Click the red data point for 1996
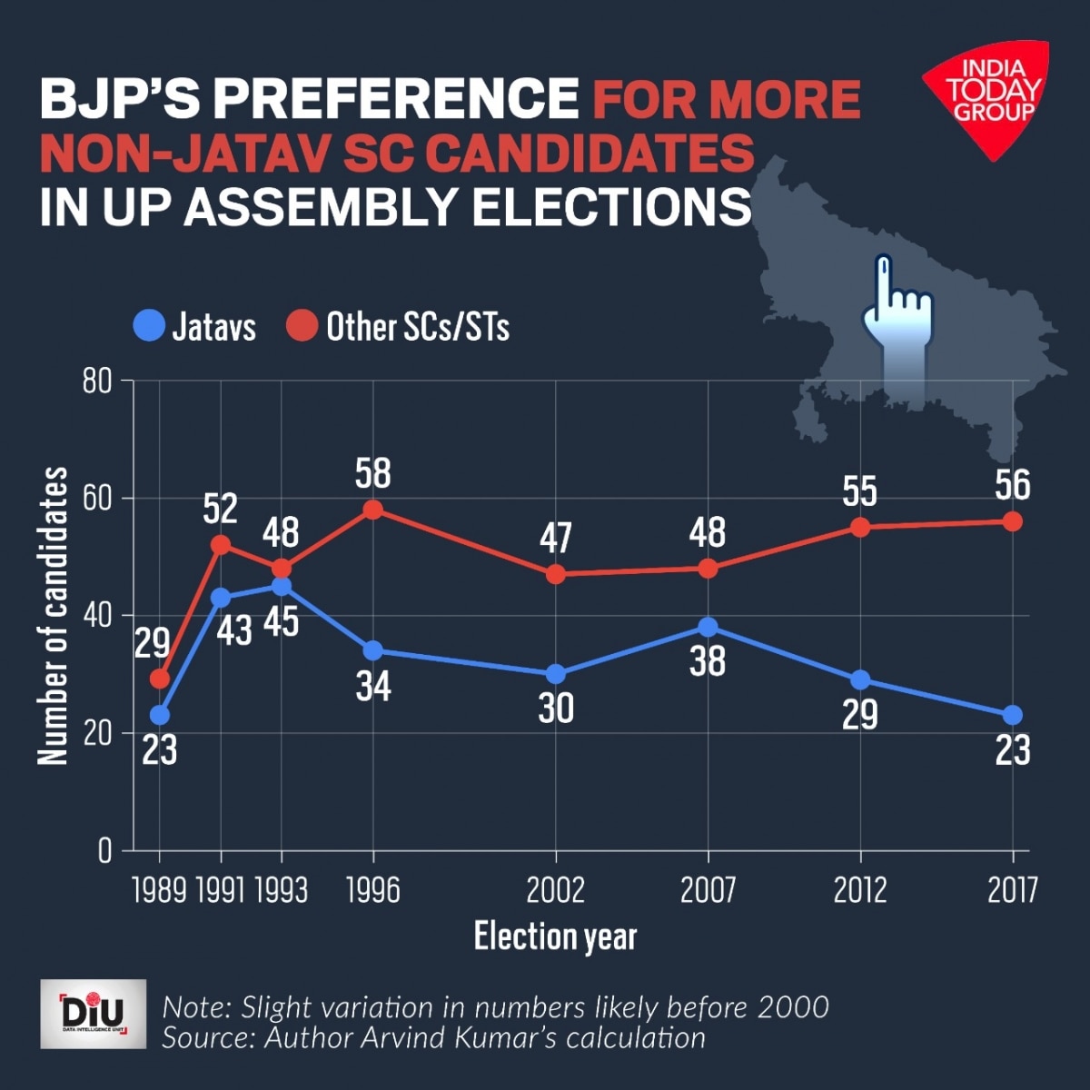click(372, 510)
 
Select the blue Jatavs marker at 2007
click(708, 627)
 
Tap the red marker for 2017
click(1013, 521)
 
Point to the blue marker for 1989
click(160, 715)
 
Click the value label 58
click(372, 474)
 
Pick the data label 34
click(372, 687)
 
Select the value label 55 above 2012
click(859, 491)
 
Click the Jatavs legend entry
click(195, 326)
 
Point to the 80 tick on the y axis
click(97, 381)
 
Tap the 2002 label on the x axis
click(556, 890)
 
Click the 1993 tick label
click(281, 890)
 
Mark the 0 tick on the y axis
click(104, 851)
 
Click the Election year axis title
click(555, 936)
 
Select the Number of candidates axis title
click(54, 616)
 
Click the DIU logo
click(93, 1014)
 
